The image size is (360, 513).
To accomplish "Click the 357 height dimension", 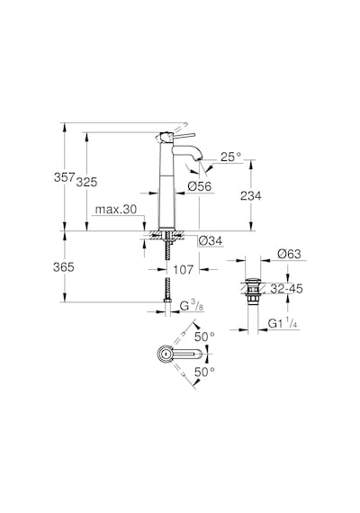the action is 65,177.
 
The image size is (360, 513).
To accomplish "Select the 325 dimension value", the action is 86,182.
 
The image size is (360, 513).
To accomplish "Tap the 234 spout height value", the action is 251,196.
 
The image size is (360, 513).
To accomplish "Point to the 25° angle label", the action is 230,157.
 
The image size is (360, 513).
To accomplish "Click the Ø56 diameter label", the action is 200,186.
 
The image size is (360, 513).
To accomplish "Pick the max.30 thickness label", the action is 116,210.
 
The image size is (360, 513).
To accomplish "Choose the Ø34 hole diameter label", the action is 210,241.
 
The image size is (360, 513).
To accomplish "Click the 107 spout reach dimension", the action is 184,270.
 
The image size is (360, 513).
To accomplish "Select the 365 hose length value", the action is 64,267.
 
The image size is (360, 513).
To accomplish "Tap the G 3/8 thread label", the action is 192,306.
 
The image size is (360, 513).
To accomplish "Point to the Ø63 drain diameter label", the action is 289,254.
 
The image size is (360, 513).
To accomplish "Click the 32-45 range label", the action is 287,289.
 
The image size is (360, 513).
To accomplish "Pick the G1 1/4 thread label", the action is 283,324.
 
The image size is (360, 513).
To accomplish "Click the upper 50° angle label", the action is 204,337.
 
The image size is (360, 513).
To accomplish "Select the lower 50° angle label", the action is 204,372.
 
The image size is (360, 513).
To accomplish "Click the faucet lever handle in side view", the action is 183,135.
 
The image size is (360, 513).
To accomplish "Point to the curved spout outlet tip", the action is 199,159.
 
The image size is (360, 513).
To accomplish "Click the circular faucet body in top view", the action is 165,354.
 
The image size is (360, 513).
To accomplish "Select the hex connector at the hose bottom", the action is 167,301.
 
